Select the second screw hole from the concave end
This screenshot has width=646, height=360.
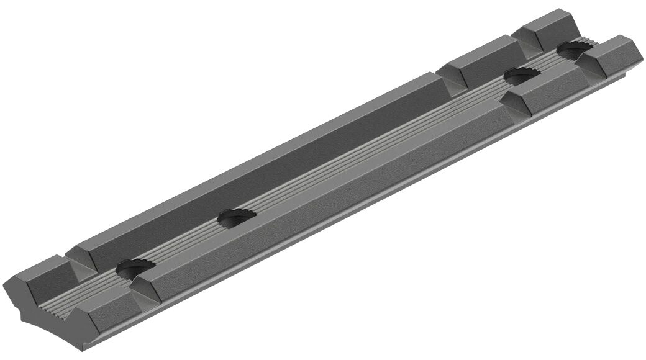pos(237,217)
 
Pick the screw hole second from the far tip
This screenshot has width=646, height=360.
pos(521,76)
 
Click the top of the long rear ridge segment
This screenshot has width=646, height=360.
pos(261,161)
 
